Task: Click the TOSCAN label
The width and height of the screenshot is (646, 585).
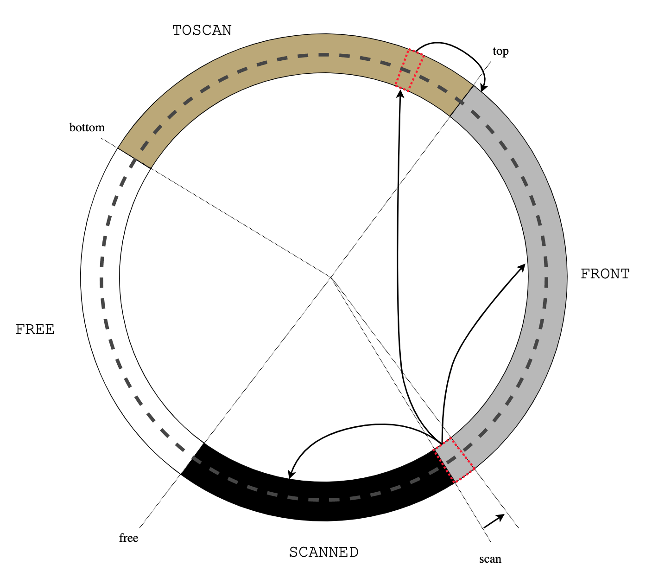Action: click(202, 31)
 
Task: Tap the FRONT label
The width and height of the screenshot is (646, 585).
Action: click(605, 274)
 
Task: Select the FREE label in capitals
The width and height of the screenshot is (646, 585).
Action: click(35, 330)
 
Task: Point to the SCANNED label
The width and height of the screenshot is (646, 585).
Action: click(323, 553)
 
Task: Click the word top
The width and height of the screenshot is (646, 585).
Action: click(500, 51)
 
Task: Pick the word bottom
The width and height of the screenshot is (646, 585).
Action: click(87, 128)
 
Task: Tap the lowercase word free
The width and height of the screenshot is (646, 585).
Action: click(128, 538)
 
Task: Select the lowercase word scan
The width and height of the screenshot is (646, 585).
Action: click(490, 559)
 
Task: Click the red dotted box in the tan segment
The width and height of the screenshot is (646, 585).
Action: click(410, 70)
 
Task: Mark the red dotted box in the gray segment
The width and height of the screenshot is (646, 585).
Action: click(454, 460)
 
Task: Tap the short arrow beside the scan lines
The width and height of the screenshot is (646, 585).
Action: click(494, 521)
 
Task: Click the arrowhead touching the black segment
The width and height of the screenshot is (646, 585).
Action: click(290, 475)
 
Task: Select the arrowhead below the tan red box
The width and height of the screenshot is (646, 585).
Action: click(400, 93)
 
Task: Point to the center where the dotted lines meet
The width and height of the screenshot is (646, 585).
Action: click(331, 277)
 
